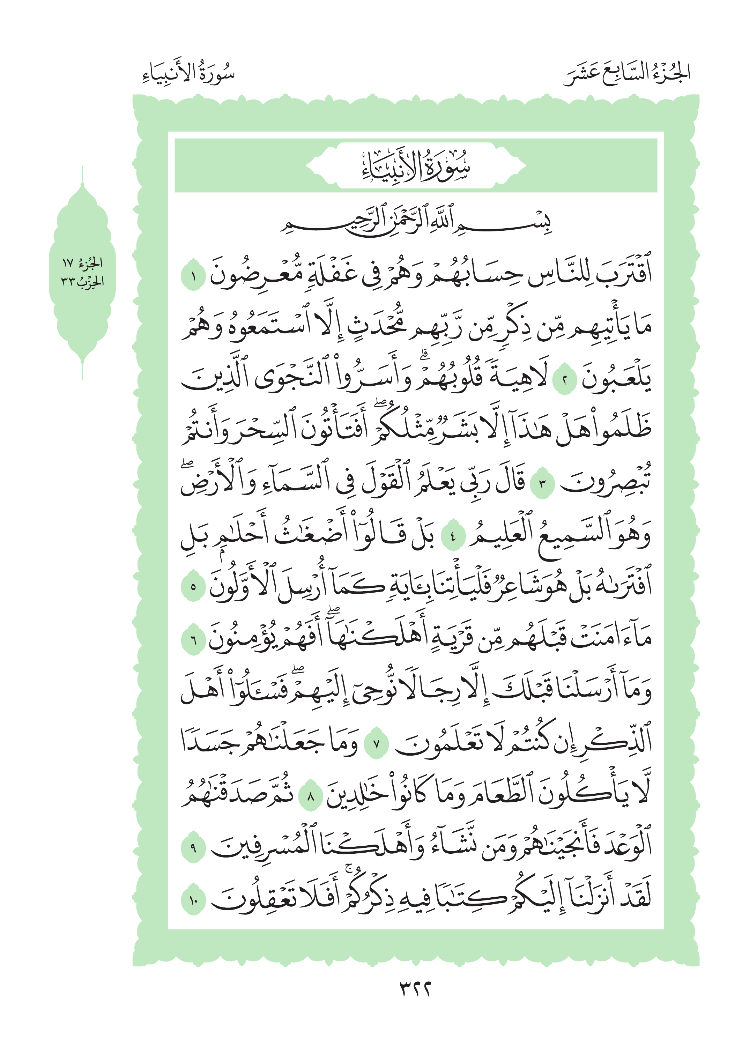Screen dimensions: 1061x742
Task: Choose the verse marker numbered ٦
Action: pos(193,641)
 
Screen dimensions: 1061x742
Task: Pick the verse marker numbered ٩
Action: pos(193,848)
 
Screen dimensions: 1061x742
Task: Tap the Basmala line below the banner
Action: pos(415,222)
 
